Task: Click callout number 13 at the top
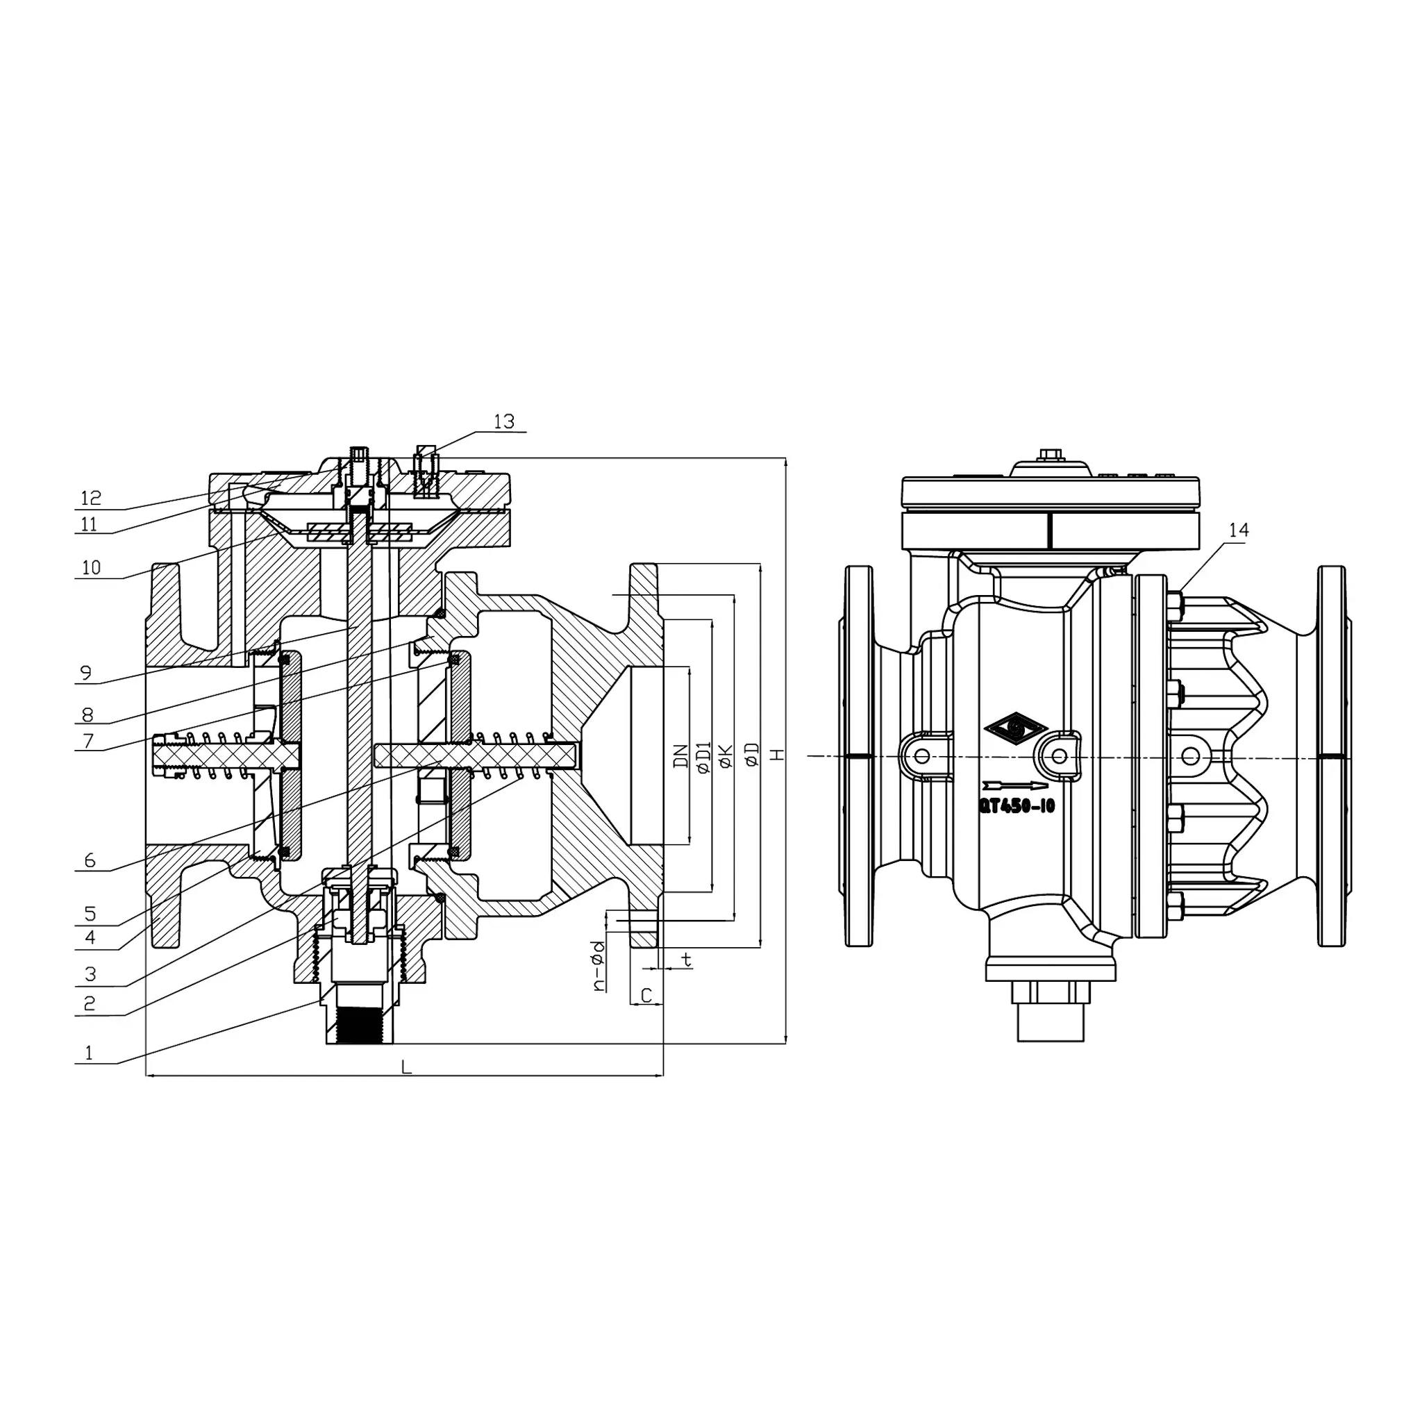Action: click(x=503, y=421)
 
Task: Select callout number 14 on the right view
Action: click(x=1239, y=530)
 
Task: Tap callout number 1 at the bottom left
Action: click(x=89, y=1053)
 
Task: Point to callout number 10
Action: click(x=91, y=567)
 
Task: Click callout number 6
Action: click(x=90, y=860)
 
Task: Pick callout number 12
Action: click(x=90, y=499)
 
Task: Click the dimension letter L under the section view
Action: click(x=406, y=1066)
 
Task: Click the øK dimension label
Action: click(x=725, y=756)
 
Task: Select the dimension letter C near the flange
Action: click(x=646, y=996)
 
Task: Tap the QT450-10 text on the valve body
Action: click(x=1017, y=807)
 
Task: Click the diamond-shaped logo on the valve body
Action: click(x=1016, y=728)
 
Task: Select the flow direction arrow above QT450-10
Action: click(x=1014, y=785)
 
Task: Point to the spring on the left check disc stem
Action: click(x=217, y=755)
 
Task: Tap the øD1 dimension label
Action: click(x=703, y=756)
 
